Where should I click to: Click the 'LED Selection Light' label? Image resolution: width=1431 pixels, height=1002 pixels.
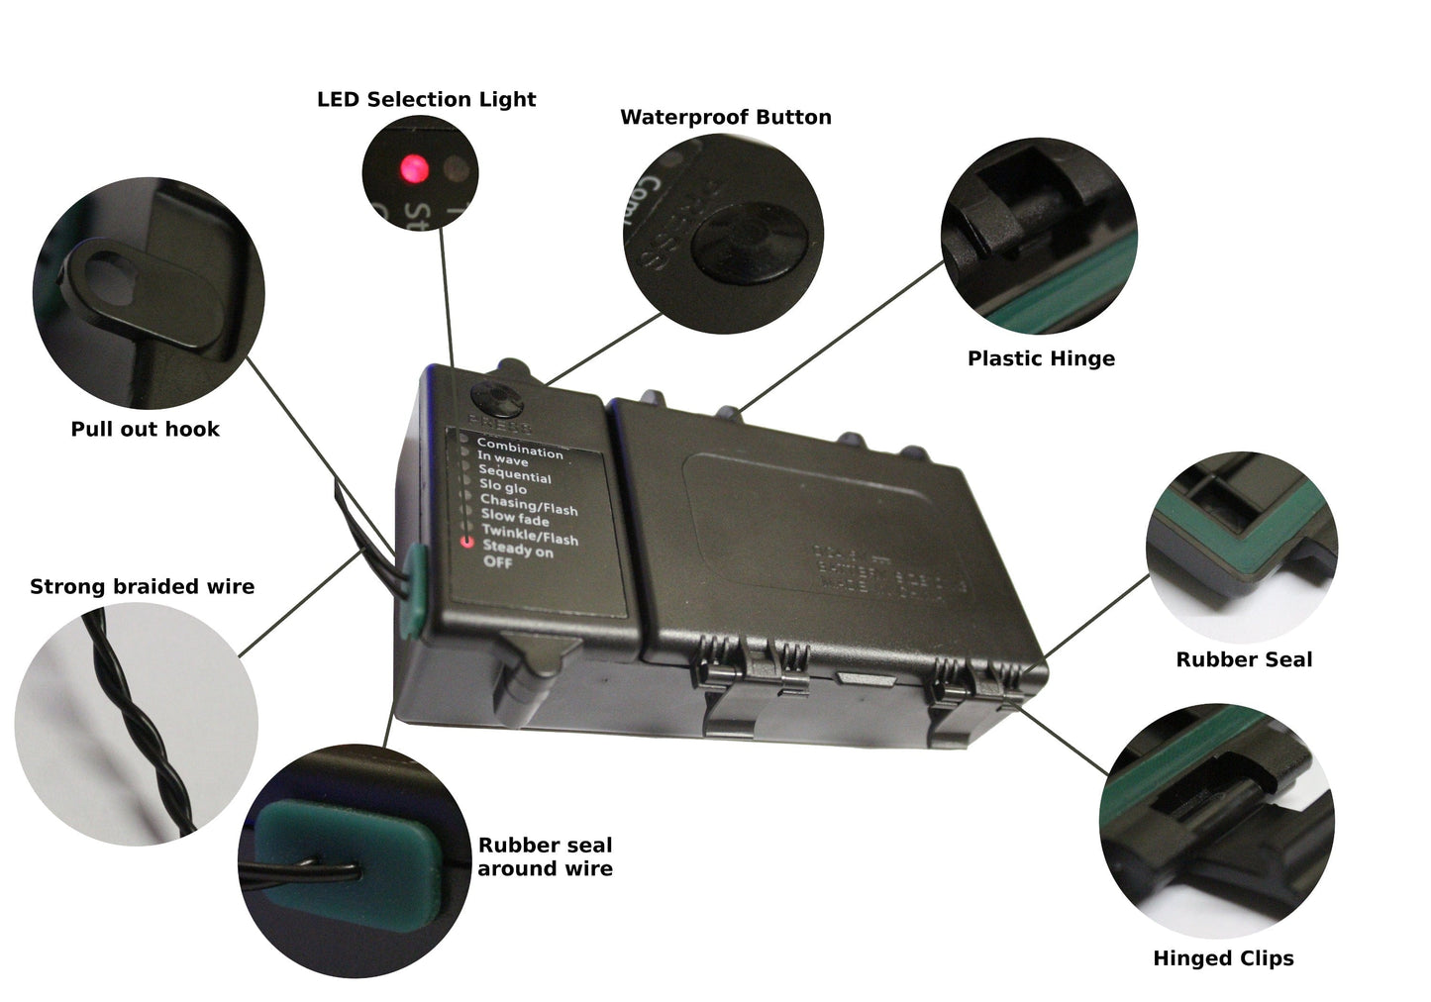pyautogui.click(x=426, y=99)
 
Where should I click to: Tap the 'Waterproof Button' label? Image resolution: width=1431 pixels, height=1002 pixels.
pyautogui.click(x=725, y=117)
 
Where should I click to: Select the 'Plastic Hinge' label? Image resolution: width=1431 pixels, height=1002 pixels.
pyautogui.click(x=1041, y=358)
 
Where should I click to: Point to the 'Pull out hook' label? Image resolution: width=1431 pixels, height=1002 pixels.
pyautogui.click(x=145, y=429)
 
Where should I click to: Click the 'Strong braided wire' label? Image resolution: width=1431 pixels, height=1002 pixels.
pyautogui.click(x=142, y=586)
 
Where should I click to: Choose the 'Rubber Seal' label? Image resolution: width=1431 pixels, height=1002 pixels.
pyautogui.click(x=1244, y=659)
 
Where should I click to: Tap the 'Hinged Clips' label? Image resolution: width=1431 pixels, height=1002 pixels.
pyautogui.click(x=1223, y=957)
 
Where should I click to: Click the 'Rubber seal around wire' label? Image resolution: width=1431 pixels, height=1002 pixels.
pyautogui.click(x=545, y=856)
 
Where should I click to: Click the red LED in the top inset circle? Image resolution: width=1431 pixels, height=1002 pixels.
pyautogui.click(x=414, y=168)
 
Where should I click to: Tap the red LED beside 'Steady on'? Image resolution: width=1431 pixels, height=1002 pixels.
pyautogui.click(x=465, y=543)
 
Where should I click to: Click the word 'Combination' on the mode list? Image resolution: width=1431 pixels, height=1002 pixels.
pyautogui.click(x=519, y=449)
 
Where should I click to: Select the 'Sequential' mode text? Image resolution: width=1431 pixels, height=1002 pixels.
pyautogui.click(x=514, y=473)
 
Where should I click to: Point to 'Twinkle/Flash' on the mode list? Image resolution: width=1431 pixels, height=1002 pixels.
pyautogui.click(x=529, y=536)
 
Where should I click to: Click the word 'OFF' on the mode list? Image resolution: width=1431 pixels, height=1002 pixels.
pyautogui.click(x=497, y=562)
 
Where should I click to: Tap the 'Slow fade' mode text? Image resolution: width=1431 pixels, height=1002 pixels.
pyautogui.click(x=514, y=517)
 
